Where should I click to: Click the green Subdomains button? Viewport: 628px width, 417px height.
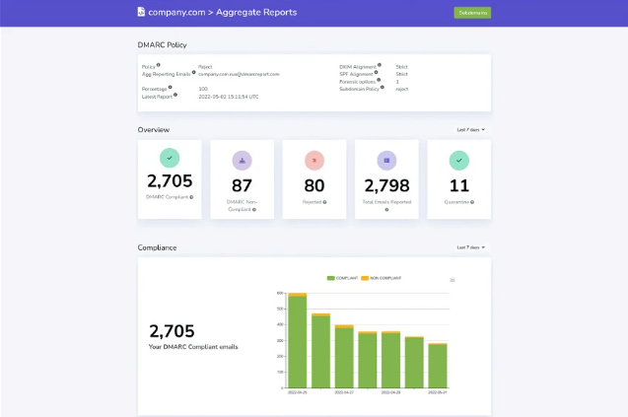point(471,13)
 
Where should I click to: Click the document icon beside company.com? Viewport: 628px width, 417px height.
point(141,12)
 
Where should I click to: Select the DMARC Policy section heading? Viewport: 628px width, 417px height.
point(162,44)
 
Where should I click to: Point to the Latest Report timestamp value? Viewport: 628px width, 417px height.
point(228,97)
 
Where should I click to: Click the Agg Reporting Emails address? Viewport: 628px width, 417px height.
point(239,74)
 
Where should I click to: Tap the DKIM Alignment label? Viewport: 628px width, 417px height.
point(359,67)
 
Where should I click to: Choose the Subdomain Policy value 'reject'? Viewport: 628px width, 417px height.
point(402,89)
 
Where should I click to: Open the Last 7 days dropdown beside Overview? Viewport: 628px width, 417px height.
point(470,129)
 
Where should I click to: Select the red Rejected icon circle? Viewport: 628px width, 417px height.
point(314,159)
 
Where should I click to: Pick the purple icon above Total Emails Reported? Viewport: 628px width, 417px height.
point(386,159)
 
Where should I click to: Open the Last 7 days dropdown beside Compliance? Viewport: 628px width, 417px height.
point(470,247)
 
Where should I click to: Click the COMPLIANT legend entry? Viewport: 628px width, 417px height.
point(342,279)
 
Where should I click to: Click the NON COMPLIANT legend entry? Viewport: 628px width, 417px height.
point(384,279)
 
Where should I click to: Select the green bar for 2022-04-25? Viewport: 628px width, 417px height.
point(298,341)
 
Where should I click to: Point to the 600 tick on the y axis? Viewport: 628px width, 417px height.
point(279,293)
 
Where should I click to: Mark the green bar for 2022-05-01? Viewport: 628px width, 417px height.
point(438,366)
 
